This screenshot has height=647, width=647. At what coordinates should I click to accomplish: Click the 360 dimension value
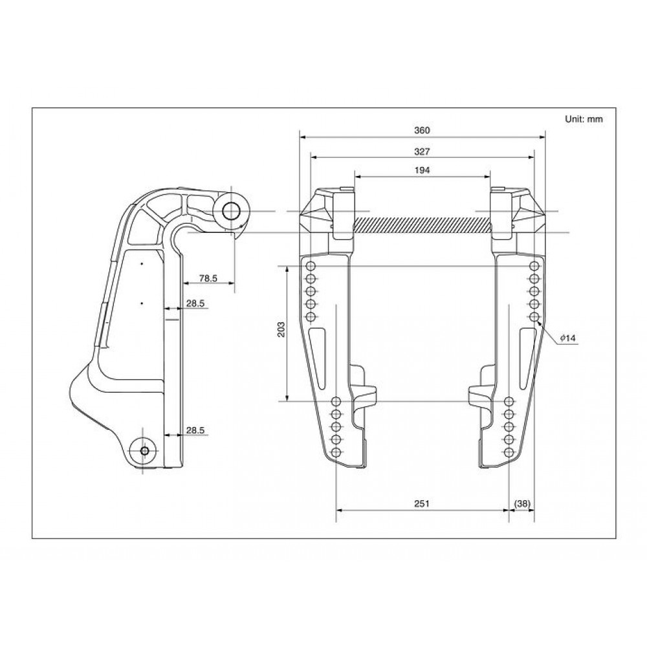click(x=422, y=131)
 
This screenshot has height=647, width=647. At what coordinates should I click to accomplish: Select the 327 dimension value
click(x=422, y=152)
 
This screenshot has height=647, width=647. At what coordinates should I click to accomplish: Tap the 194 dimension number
click(x=422, y=170)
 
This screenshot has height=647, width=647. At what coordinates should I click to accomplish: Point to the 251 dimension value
click(x=422, y=503)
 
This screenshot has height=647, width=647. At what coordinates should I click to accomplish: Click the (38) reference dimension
click(x=522, y=503)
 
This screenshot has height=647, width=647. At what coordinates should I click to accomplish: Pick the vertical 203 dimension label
click(x=281, y=329)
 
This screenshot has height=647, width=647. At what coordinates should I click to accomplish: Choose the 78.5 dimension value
click(x=208, y=278)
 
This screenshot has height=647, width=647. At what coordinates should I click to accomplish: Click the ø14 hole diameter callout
click(x=568, y=338)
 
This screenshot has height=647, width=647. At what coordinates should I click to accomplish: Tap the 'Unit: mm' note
click(x=584, y=119)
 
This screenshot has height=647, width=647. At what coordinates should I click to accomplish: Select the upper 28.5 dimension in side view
click(x=195, y=303)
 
